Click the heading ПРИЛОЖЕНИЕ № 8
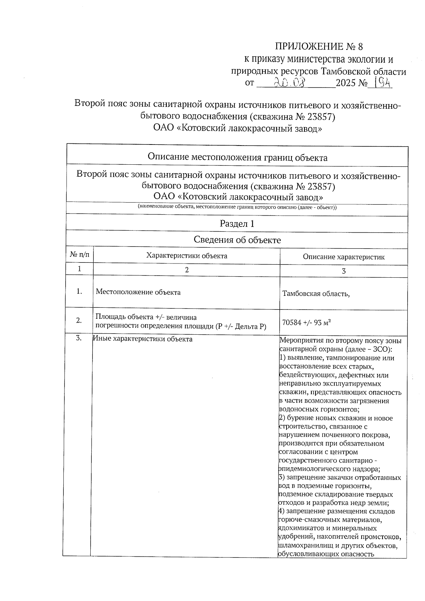(319, 47)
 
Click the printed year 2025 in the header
(346, 84)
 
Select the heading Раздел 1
(237, 224)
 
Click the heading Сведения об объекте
(237, 240)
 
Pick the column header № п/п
(80, 255)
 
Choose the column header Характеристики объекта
(187, 256)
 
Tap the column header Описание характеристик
(343, 257)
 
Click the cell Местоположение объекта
(138, 292)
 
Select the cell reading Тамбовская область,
(316, 294)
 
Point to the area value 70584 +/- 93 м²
(306, 322)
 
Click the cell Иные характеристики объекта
(143, 339)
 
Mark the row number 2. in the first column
(79, 320)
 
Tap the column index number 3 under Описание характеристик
(343, 271)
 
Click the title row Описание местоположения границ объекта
(237, 157)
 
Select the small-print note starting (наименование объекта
(237, 207)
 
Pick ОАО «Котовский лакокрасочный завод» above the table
(238, 128)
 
